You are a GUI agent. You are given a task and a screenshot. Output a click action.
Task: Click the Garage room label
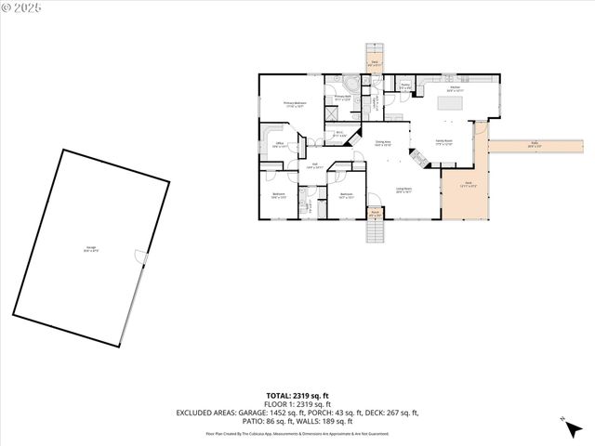point(91,248)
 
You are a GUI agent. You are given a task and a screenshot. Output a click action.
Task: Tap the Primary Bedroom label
point(295,105)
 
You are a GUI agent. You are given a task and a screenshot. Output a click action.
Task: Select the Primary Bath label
point(341,97)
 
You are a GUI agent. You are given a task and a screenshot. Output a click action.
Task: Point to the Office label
point(279,144)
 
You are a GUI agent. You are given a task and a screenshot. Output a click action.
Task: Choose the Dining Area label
point(382,143)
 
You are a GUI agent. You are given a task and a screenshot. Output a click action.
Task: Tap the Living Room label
point(403,190)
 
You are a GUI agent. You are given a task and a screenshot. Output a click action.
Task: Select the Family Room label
point(443,143)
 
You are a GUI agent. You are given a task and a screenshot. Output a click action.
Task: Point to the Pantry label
point(405,86)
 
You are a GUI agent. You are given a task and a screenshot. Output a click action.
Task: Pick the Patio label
point(535,144)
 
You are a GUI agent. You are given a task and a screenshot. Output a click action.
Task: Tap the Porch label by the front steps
point(376,214)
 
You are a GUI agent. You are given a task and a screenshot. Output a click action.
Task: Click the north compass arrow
point(563,423)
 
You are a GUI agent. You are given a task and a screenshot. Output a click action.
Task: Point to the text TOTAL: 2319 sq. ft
point(297,396)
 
